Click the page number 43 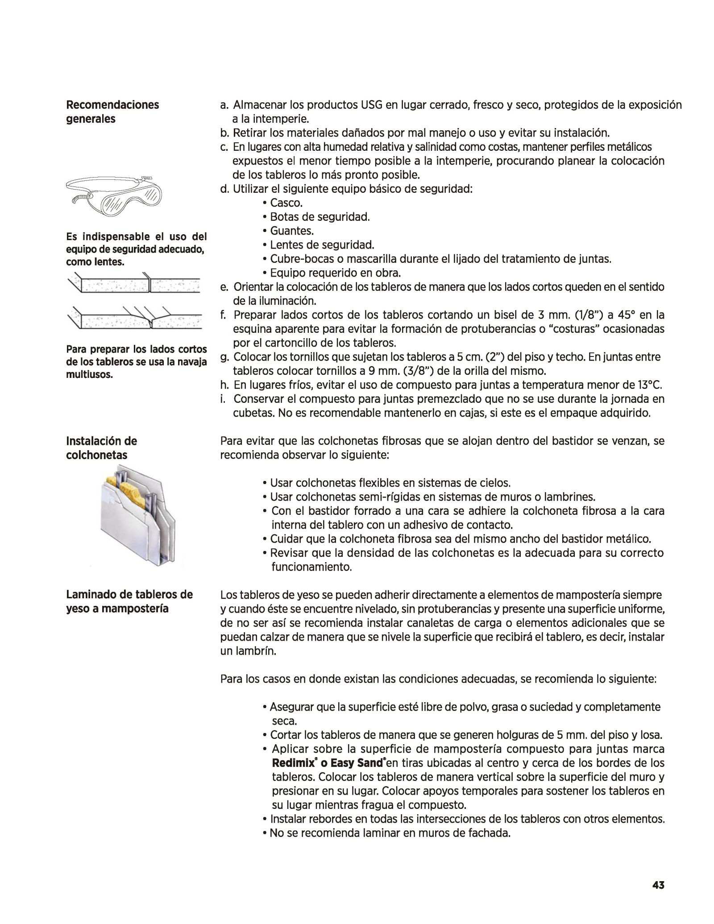pyautogui.click(x=658, y=885)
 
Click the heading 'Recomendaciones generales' pyautogui.click(x=112, y=112)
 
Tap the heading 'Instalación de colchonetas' pyautogui.click(x=102, y=448)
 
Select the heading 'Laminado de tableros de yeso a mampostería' pyautogui.click(x=129, y=601)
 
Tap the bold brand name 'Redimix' pyautogui.click(x=293, y=763)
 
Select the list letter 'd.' pyautogui.click(x=224, y=189)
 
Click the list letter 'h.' pyautogui.click(x=224, y=385)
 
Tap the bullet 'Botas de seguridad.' pyautogui.click(x=320, y=217)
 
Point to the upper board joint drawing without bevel pyautogui.click(x=135, y=284)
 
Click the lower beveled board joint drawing pyautogui.click(x=135, y=318)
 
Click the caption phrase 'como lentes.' pyautogui.click(x=95, y=262)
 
